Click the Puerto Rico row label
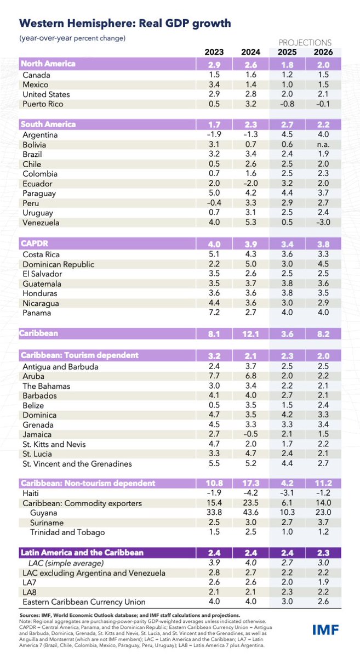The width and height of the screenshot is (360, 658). pos(43,104)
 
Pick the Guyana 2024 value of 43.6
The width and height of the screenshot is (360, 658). pos(250,512)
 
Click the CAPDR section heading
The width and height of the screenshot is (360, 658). pos(37,243)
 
